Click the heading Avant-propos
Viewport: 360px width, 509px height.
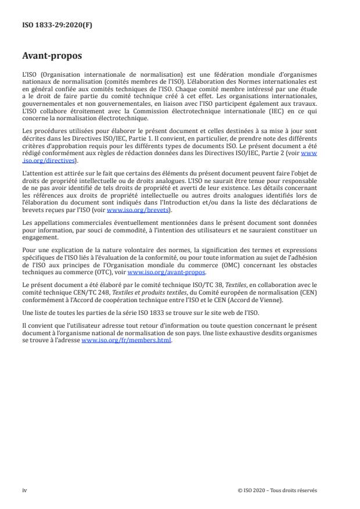tap(52, 57)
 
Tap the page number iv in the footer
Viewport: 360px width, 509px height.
tap(24, 490)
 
